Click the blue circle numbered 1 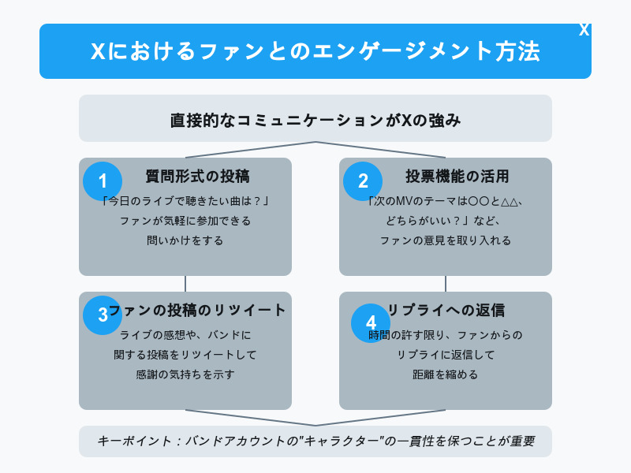[x=103, y=181]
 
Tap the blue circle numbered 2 [x=363, y=181]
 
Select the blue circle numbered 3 [x=103, y=315]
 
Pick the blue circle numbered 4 [x=371, y=323]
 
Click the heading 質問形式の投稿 [x=198, y=176]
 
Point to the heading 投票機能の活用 [x=457, y=176]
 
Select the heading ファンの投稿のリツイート [x=197, y=310]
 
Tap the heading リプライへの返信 [x=446, y=310]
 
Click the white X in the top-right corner [x=584, y=30]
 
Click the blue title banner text [x=315, y=51]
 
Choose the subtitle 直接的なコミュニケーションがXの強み [x=315, y=121]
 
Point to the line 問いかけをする [x=185, y=240]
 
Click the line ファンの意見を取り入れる [x=446, y=240]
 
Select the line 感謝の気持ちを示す [x=185, y=374]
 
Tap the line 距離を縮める [x=446, y=374]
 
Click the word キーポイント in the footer [x=134, y=441]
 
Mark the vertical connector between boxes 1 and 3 [x=185, y=284]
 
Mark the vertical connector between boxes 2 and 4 [x=446, y=284]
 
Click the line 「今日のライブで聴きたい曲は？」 [x=185, y=201]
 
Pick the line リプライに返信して [x=446, y=355]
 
